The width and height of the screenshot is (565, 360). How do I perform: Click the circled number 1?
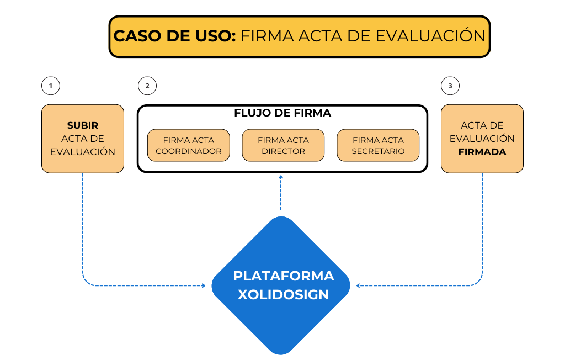click(51, 86)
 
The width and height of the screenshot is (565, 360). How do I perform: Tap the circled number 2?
click(147, 86)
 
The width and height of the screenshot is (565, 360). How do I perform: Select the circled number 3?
click(450, 86)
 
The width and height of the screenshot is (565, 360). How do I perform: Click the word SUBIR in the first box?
click(83, 125)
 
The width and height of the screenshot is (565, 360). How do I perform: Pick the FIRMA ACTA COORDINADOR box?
click(189, 146)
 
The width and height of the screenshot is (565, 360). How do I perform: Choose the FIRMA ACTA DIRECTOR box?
click(283, 146)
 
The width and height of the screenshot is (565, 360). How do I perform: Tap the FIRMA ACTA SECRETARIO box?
click(378, 146)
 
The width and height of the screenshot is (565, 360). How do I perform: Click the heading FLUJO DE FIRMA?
click(282, 113)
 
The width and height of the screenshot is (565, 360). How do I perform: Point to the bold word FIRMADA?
click(482, 152)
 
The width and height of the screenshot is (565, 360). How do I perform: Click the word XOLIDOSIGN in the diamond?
click(283, 294)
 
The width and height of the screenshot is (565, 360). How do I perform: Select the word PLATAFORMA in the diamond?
click(283, 276)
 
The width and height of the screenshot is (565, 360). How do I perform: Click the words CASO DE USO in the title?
click(175, 36)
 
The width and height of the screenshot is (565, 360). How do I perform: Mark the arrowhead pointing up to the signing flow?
click(281, 178)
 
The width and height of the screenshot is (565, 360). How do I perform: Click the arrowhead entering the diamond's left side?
click(202, 285)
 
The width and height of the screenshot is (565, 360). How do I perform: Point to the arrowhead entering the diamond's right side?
click(359, 285)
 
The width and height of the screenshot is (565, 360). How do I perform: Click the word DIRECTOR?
click(283, 151)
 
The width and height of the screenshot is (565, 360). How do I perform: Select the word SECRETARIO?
click(378, 151)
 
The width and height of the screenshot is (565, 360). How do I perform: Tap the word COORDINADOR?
click(189, 151)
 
